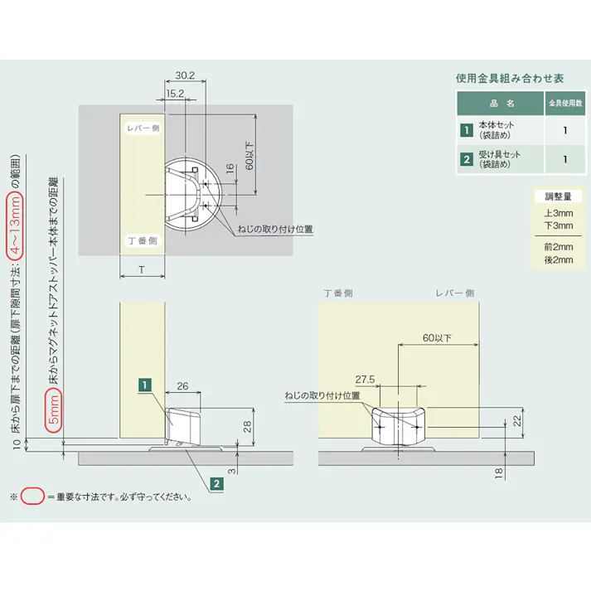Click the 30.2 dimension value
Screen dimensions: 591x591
pyautogui.click(x=185, y=75)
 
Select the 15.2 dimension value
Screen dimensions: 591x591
pyautogui.click(x=175, y=94)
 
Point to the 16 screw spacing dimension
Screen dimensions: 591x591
pyautogui.click(x=230, y=168)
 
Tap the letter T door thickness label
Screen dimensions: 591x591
pyautogui.click(x=142, y=270)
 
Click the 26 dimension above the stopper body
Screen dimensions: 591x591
pyautogui.click(x=182, y=386)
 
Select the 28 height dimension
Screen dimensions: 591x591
pyautogui.click(x=247, y=426)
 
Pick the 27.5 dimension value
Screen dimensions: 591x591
pyautogui.click(x=365, y=379)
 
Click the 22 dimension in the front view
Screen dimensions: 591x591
pyautogui.click(x=517, y=420)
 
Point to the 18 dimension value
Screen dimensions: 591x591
pyautogui.click(x=499, y=473)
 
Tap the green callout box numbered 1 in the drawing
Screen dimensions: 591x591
pyautogui.click(x=145, y=385)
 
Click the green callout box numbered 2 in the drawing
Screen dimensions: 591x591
pyautogui.click(x=216, y=483)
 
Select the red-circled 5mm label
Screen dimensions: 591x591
pyautogui.click(x=54, y=409)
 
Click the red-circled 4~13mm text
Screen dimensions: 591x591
pyautogui.click(x=15, y=225)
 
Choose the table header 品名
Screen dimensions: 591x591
pyautogui.click(x=501, y=104)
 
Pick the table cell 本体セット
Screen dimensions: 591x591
pyautogui.click(x=496, y=125)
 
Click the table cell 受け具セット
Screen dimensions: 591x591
pyautogui.click(x=499, y=154)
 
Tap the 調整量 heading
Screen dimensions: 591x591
pyautogui.click(x=558, y=196)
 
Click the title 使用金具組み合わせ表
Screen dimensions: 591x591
pyautogui.click(x=510, y=79)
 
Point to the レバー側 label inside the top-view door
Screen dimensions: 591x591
pyautogui.click(x=143, y=128)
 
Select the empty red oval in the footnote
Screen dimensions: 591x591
pyautogui.click(x=32, y=496)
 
